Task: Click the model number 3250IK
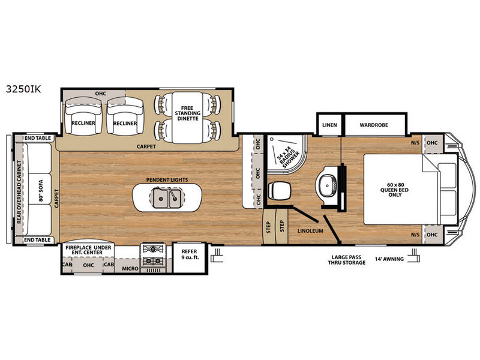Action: [23, 89]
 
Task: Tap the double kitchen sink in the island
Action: [167, 198]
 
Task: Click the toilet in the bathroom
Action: [279, 191]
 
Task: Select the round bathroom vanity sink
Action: [327, 185]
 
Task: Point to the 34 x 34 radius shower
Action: [286, 154]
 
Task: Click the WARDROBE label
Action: [374, 125]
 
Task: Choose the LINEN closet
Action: [329, 124]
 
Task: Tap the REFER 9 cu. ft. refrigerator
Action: [190, 257]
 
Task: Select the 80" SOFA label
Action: [41, 190]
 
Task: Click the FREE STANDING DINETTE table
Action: [187, 118]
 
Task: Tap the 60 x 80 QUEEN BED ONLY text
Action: [394, 190]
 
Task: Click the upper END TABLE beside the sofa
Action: [38, 139]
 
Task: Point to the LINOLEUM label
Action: [310, 231]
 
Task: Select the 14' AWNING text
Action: [389, 259]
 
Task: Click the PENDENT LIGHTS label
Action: [167, 179]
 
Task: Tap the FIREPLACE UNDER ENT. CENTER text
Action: [88, 250]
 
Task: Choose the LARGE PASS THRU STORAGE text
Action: [347, 260]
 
